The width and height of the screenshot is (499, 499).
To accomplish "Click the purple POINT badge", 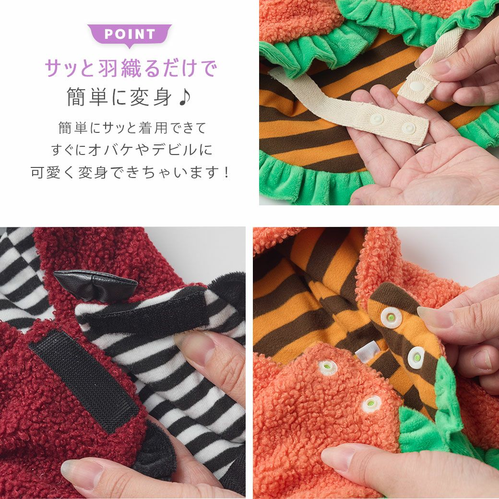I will click(x=130, y=35).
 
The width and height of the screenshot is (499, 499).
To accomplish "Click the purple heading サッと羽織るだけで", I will click(x=130, y=69).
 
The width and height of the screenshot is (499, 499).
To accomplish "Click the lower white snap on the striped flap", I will click(x=416, y=357).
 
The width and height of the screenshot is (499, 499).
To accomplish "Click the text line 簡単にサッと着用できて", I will click(x=131, y=128).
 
